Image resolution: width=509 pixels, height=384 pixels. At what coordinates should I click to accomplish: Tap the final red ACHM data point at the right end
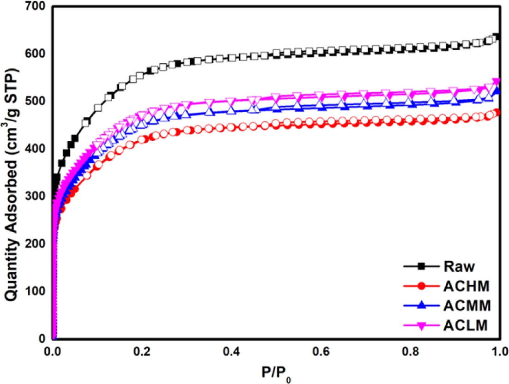pyautogui.click(x=497, y=113)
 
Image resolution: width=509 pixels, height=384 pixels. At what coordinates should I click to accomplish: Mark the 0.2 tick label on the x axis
pyautogui.click(x=143, y=351)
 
